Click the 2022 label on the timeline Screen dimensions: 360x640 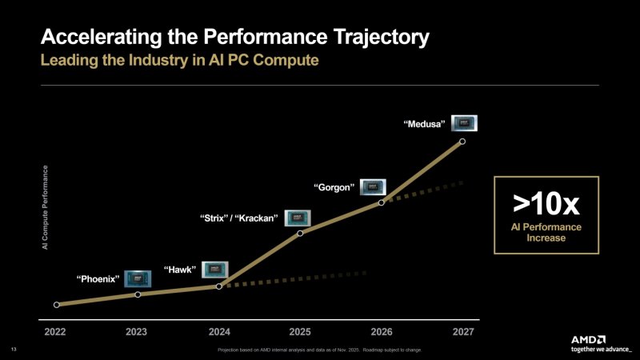pyautogui.click(x=55, y=331)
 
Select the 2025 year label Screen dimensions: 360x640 pyautogui.click(x=300, y=331)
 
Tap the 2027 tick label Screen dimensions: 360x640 pyautogui.click(x=462, y=331)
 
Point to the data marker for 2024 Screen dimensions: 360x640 pyautogui.click(x=219, y=286)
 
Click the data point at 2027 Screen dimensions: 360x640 pyautogui.click(x=462, y=141)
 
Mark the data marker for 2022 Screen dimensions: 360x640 pyautogui.click(x=56, y=305)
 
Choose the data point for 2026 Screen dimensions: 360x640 pyautogui.click(x=382, y=202)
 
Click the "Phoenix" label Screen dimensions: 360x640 pyautogui.click(x=98, y=279)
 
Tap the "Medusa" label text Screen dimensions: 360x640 pyautogui.click(x=424, y=123)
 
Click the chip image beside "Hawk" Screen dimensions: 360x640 pyautogui.click(x=216, y=269)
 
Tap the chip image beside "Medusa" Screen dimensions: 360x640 pyautogui.click(x=465, y=123)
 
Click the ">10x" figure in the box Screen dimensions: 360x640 pyautogui.click(x=545, y=204)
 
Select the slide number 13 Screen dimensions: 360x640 pyautogui.click(x=13, y=350)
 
